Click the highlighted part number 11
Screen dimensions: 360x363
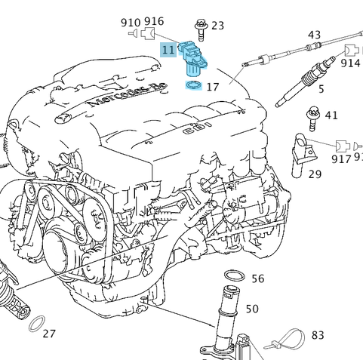(168, 51)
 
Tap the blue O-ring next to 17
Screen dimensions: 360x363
(193, 85)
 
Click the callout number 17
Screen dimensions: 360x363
(212, 88)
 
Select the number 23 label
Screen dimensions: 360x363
(217, 26)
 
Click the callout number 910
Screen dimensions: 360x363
(131, 23)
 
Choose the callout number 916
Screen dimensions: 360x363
(154, 22)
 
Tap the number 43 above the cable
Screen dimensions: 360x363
(314, 35)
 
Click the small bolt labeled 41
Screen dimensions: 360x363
(310, 118)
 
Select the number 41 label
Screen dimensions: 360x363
(331, 116)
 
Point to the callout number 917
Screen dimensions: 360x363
(341, 159)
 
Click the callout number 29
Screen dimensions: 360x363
(315, 174)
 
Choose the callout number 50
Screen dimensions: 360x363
(252, 309)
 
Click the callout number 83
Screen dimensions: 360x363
(317, 335)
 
